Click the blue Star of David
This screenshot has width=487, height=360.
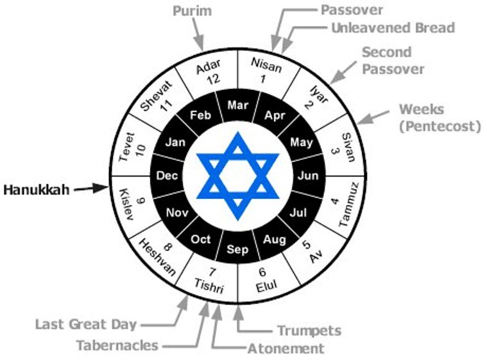[237, 176]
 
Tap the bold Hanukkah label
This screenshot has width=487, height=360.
[37, 190]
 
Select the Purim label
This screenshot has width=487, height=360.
[192, 11]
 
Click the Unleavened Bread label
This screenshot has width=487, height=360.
[393, 28]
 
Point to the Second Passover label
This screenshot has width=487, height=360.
[393, 60]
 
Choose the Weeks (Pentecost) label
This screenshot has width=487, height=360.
[440, 118]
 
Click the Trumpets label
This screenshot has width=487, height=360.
[309, 330]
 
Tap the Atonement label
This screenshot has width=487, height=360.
[286, 348]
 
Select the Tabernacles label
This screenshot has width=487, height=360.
[117, 345]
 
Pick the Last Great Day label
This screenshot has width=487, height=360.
[86, 324]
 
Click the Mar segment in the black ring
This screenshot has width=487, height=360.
[237, 105]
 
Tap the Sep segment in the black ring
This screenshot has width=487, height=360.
[237, 249]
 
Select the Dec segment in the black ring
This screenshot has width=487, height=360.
[167, 176]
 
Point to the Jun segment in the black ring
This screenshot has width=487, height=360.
[308, 176]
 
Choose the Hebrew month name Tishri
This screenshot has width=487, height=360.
[209, 286]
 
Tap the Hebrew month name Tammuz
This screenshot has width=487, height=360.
[348, 205]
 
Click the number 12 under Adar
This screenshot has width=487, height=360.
[214, 79]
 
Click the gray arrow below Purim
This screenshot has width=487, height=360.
[198, 35]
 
